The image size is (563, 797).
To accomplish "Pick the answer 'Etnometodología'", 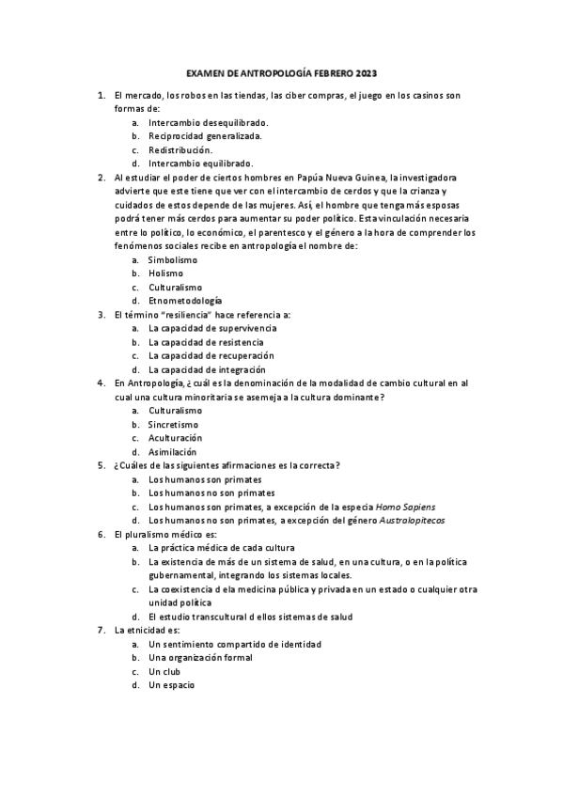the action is click(185, 301).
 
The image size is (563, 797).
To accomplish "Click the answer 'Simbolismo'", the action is click(173, 259).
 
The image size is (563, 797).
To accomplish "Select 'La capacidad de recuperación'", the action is click(211, 355).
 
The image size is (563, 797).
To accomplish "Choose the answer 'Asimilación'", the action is click(173, 451).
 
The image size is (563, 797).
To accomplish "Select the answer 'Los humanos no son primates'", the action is click(211, 492).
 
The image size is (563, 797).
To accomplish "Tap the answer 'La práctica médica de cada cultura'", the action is click(222, 547).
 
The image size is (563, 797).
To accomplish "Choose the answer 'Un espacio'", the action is click(171, 685).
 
